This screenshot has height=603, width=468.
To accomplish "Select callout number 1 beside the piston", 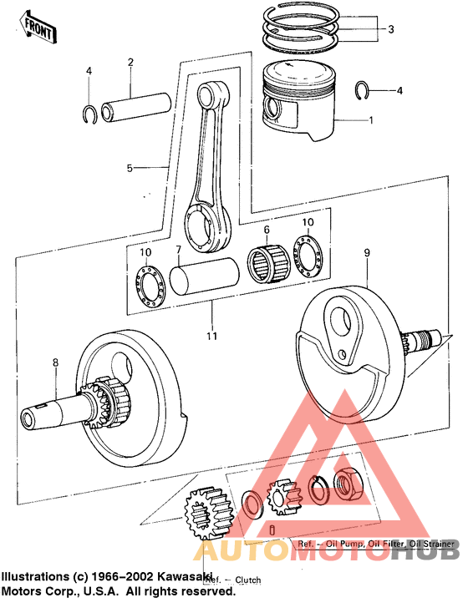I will pyautogui.click(x=370, y=120).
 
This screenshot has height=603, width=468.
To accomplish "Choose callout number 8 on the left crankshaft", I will pyautogui.click(x=55, y=362).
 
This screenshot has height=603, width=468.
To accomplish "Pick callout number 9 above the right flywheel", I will pyautogui.click(x=365, y=251).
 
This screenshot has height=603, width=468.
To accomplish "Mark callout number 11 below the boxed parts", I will pyautogui.click(x=212, y=336).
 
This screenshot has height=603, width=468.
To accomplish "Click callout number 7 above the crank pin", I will pyautogui.click(x=178, y=250).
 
